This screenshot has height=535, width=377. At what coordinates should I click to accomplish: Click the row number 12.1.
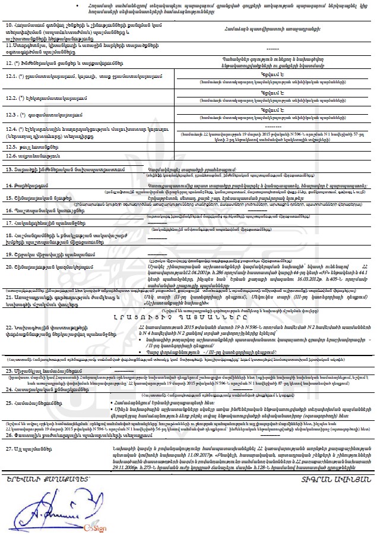12,76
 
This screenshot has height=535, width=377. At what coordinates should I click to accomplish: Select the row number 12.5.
12,145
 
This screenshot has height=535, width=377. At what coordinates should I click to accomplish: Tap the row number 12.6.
12,156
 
